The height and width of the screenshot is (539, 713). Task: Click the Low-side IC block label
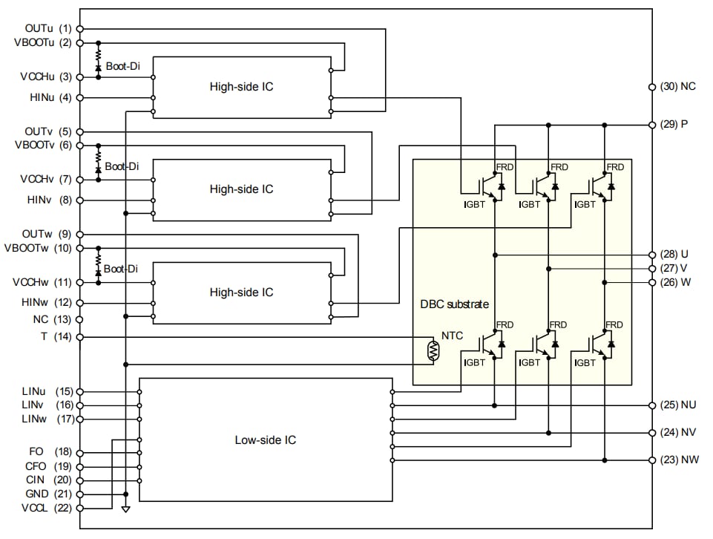[265, 440]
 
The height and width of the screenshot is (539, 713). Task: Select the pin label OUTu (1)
[48, 28]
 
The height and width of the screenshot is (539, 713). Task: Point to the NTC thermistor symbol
[433, 350]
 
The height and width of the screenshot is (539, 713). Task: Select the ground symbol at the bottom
[125, 509]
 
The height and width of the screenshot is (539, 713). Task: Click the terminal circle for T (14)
[79, 337]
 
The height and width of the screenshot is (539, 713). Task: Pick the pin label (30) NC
[677, 86]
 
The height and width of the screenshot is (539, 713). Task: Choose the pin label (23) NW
[678, 460]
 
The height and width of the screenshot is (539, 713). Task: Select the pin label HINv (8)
[48, 200]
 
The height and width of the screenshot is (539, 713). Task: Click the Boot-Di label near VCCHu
[122, 66]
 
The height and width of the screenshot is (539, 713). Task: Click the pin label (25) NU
[677, 405]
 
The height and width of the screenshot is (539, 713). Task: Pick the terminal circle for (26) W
[652, 282]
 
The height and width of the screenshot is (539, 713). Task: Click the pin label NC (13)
[48, 320]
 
